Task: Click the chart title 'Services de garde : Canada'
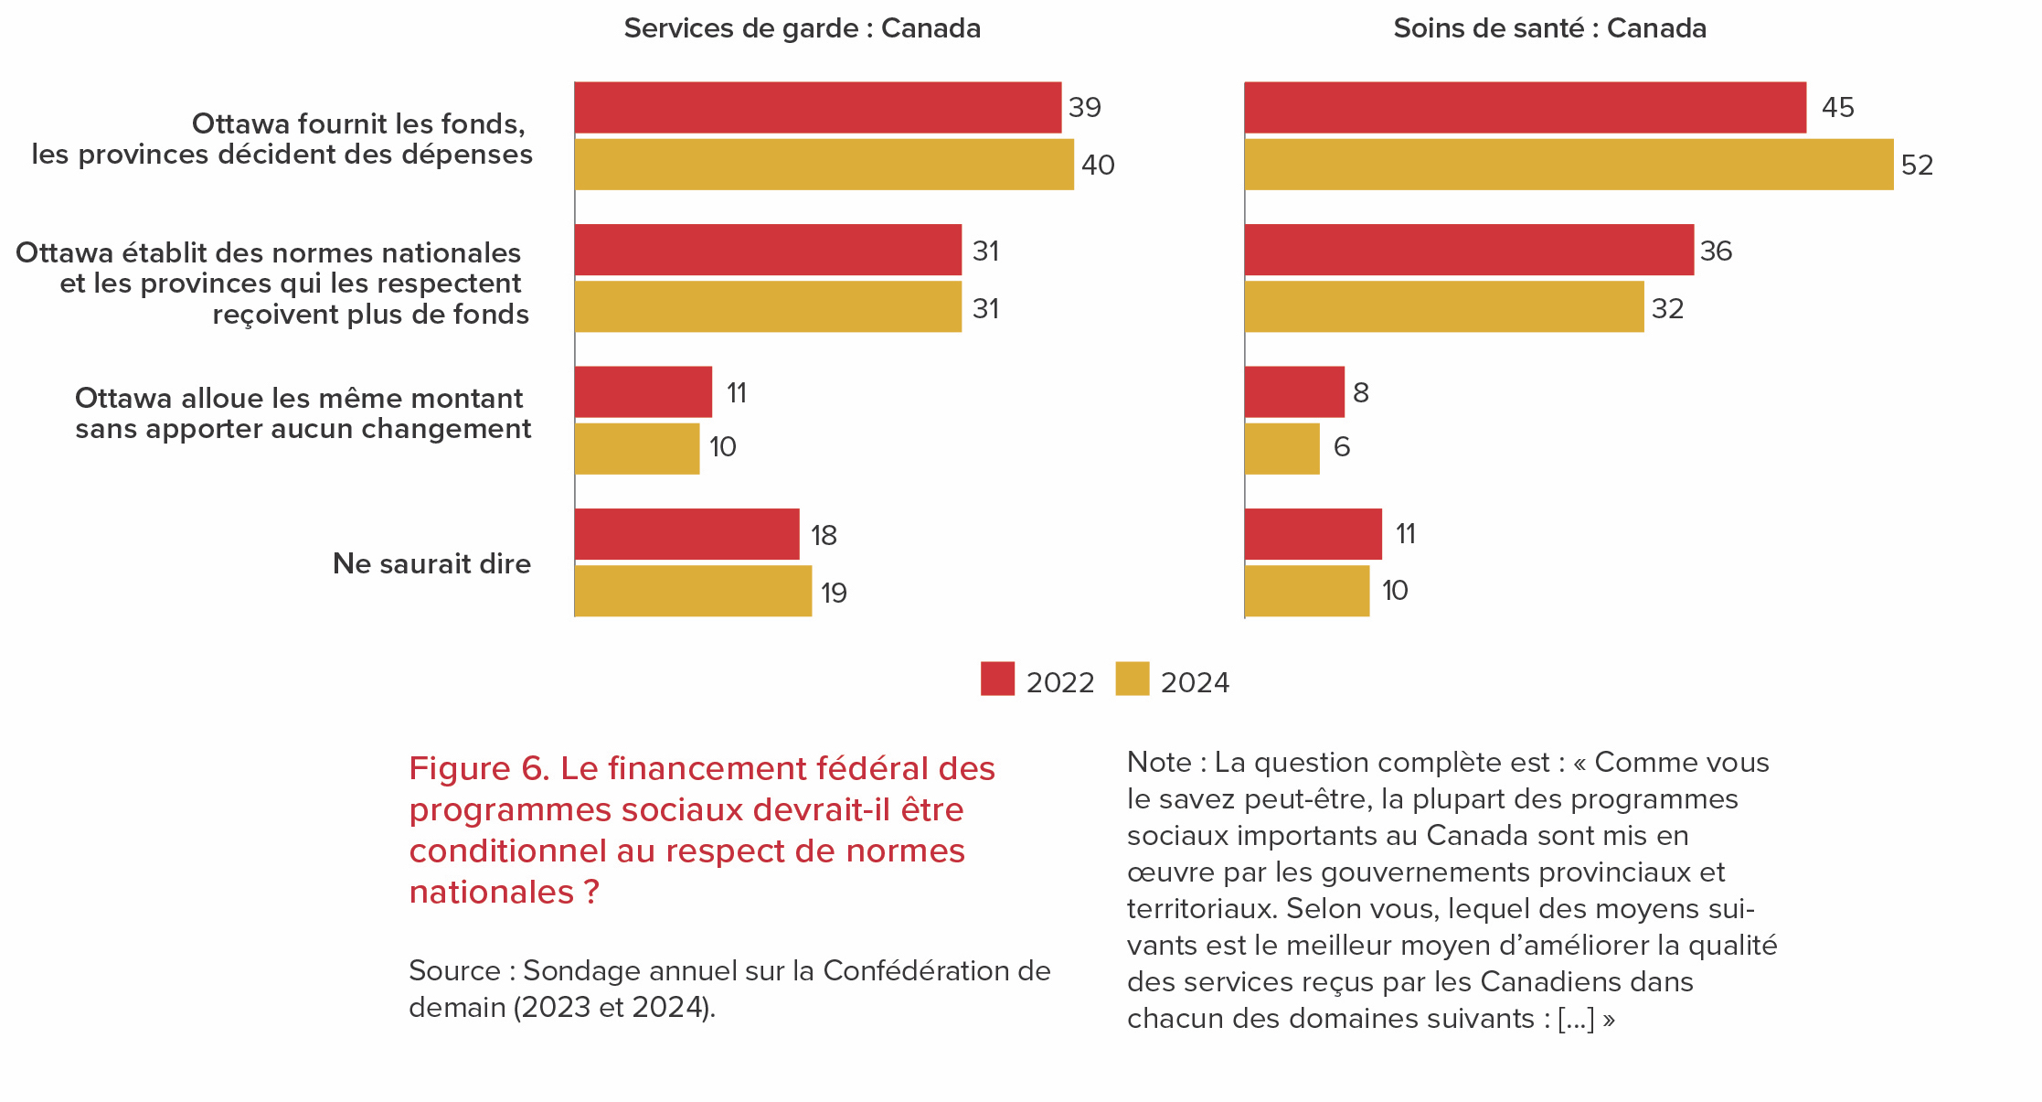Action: (x=802, y=29)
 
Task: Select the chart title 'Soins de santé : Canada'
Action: (x=1549, y=29)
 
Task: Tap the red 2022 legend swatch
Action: (x=997, y=679)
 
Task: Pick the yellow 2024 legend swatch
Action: (x=1132, y=679)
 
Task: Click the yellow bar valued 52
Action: (x=1569, y=165)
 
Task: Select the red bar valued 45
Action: (x=1525, y=108)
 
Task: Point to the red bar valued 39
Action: (x=817, y=108)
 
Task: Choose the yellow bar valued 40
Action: (x=824, y=165)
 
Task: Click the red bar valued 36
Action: (x=1469, y=250)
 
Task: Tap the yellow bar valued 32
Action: (x=1444, y=306)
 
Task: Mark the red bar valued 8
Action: (x=1294, y=391)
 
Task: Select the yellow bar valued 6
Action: (x=1282, y=448)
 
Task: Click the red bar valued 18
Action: (x=686, y=534)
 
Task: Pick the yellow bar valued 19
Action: (x=693, y=591)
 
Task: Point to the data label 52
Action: (x=1917, y=166)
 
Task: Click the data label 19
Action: (x=834, y=594)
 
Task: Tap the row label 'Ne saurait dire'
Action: (x=431, y=563)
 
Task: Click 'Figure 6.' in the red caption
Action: (x=479, y=769)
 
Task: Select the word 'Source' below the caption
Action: (x=454, y=970)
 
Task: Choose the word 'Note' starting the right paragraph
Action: (x=1159, y=762)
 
